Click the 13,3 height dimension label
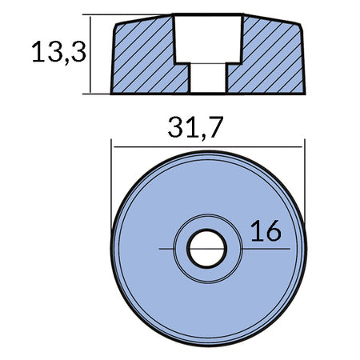[x=59, y=52]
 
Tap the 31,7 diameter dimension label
[x=195, y=127]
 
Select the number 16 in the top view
[x=266, y=230]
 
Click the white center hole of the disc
[x=207, y=249]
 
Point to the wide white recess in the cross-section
[x=208, y=38]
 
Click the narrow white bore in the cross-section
[x=208, y=78]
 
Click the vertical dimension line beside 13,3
[x=90, y=54]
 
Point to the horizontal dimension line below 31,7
[x=208, y=146]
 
